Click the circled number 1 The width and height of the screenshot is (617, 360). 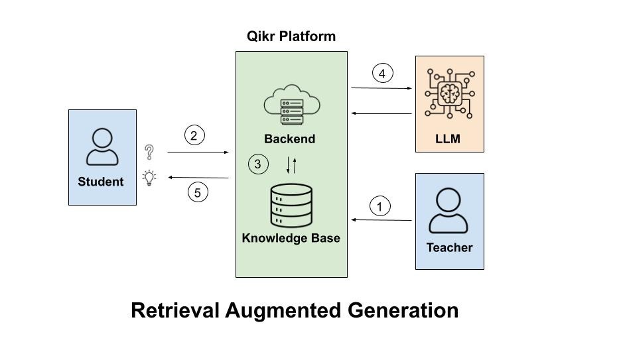pyautogui.click(x=379, y=206)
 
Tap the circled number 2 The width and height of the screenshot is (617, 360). pyautogui.click(x=194, y=136)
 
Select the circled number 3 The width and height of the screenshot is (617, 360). pyautogui.click(x=258, y=164)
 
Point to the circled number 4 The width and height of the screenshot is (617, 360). pyautogui.click(x=381, y=73)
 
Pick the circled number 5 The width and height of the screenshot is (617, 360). pyautogui.click(x=197, y=192)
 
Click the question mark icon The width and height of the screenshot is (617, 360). pyautogui.click(x=149, y=152)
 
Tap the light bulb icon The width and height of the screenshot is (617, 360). pyautogui.click(x=149, y=177)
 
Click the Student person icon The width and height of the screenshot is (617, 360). pyautogui.click(x=102, y=147)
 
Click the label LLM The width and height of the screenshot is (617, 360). pyautogui.click(x=448, y=139)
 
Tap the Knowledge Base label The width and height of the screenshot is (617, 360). pyautogui.click(x=291, y=238)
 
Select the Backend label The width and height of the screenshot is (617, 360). pyautogui.click(x=289, y=139)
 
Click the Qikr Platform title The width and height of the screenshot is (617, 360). pyautogui.click(x=291, y=36)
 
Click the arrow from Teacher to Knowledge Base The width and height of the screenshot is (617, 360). pyautogui.click(x=381, y=219)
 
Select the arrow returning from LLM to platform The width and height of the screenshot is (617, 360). pyautogui.click(x=381, y=113)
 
